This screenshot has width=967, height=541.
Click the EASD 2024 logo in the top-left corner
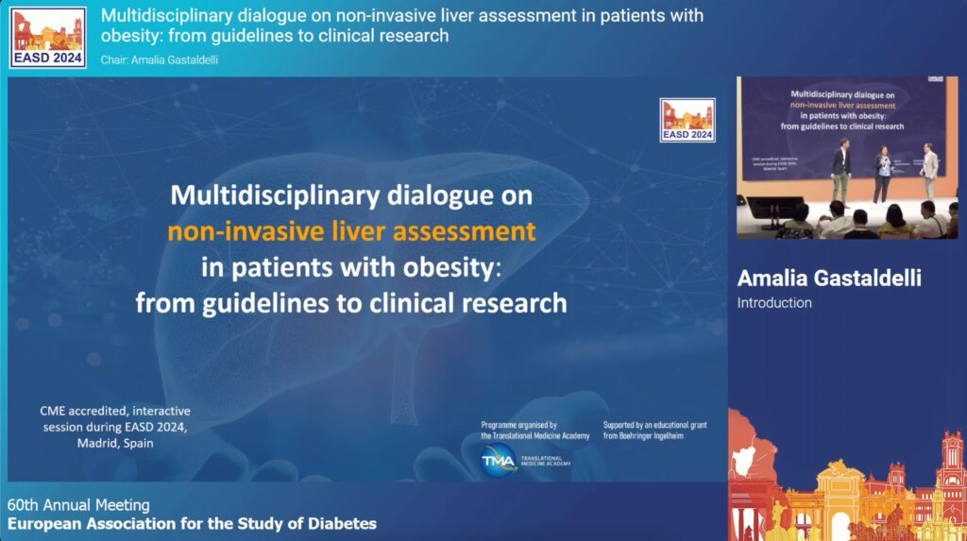pyautogui.click(x=48, y=37)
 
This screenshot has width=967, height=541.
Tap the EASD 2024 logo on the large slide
pyautogui.click(x=687, y=120)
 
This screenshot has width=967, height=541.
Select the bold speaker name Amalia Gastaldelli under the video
pyautogui.click(x=828, y=278)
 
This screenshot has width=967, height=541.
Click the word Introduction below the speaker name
pyautogui.click(x=774, y=303)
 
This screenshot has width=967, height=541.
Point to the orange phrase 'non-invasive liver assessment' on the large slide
pyautogui.click(x=351, y=231)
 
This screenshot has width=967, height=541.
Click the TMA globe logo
pyautogui.click(x=499, y=460)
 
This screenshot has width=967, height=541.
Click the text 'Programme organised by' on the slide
pyautogui.click(x=518, y=425)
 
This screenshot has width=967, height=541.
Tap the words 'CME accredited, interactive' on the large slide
pyautogui.click(x=114, y=412)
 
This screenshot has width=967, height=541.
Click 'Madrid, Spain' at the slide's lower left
pyautogui.click(x=114, y=442)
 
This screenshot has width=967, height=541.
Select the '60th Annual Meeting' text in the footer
pyautogui.click(x=78, y=505)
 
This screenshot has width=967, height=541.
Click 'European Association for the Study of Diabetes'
pyautogui.click(x=192, y=523)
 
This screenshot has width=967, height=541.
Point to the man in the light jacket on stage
pyautogui.click(x=930, y=170)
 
